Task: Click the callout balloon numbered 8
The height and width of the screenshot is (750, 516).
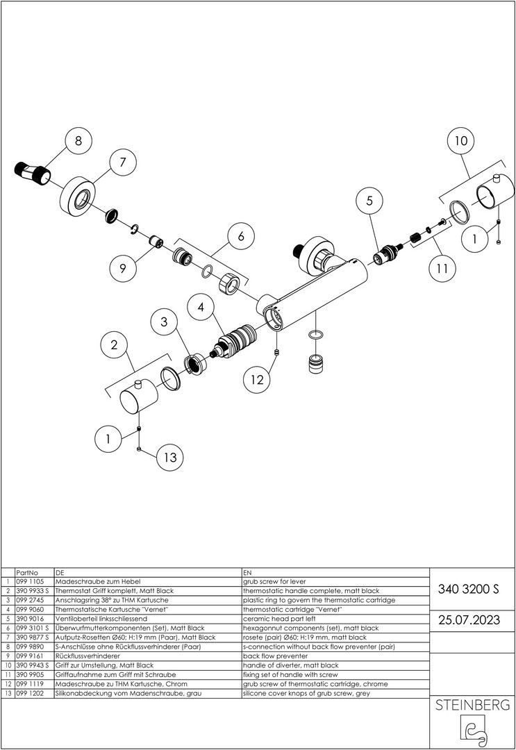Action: pyautogui.click(x=78, y=140)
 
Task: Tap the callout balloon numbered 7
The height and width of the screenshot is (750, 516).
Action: pyautogui.click(x=122, y=163)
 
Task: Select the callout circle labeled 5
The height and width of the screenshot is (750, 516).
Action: pyautogui.click(x=369, y=201)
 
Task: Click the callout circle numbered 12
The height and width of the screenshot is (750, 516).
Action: pyautogui.click(x=258, y=380)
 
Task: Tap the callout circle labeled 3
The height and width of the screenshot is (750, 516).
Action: pyautogui.click(x=164, y=322)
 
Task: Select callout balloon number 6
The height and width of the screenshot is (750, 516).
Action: pyautogui.click(x=241, y=236)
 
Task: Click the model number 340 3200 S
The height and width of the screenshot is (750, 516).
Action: pyautogui.click(x=469, y=590)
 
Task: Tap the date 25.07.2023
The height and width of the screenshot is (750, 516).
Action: pyautogui.click(x=469, y=619)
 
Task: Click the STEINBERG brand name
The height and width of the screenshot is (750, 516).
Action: pyautogui.click(x=472, y=706)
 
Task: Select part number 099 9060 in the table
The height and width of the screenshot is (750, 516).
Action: pyautogui.click(x=30, y=608)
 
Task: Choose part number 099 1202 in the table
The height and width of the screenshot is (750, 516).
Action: pyautogui.click(x=30, y=692)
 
